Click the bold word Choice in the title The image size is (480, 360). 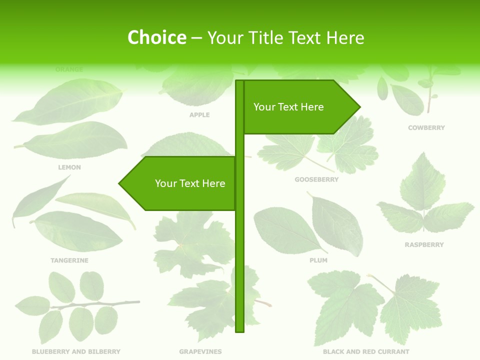(156, 37)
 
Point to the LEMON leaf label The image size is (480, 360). (69, 167)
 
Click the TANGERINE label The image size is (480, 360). (69, 260)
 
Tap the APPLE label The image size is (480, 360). (199, 115)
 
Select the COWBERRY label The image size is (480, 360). (426, 128)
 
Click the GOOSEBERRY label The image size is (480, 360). (316, 179)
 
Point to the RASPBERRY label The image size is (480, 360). (424, 245)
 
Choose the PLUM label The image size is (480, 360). (318, 260)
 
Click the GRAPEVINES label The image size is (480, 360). (200, 352)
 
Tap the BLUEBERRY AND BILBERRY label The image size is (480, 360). (76, 352)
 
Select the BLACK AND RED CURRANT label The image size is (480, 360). (366, 352)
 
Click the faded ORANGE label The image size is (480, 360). (69, 69)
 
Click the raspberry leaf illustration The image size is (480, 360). (424, 200)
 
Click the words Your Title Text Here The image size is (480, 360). (285, 37)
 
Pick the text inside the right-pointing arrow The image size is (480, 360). (288, 107)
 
